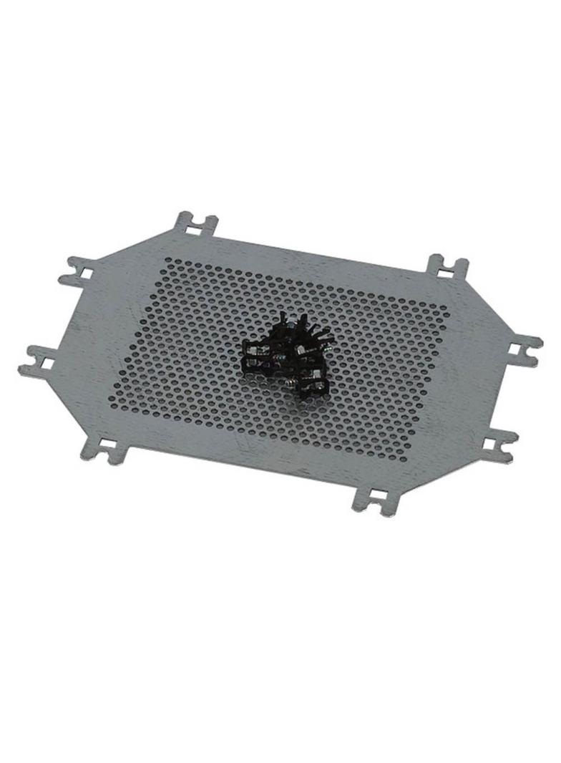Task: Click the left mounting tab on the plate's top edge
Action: (x=195, y=225)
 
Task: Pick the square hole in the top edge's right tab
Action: (x=445, y=269)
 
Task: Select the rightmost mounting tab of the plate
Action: (x=522, y=350)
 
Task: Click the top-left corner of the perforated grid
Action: (x=167, y=262)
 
